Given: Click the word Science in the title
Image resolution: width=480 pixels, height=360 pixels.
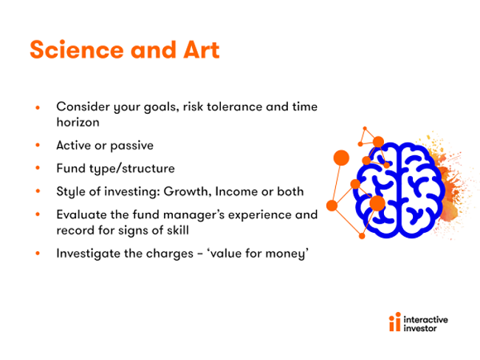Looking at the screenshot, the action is (x=77, y=50).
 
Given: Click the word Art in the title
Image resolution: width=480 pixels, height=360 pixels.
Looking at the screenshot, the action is (x=202, y=50).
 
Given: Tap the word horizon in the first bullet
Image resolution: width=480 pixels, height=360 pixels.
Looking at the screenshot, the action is (x=78, y=122).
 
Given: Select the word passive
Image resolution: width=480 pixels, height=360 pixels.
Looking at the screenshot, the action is (x=132, y=146).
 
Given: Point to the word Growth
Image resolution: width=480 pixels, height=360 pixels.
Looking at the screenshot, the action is (x=188, y=191).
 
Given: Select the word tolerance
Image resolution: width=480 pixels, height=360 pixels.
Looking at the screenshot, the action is (x=235, y=106).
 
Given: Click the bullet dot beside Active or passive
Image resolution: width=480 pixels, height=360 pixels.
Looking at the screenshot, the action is (x=38, y=145).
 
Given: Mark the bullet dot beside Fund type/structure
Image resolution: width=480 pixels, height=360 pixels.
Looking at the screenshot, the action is (x=38, y=168).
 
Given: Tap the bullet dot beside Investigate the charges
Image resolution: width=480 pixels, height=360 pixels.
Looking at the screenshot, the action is (x=38, y=254).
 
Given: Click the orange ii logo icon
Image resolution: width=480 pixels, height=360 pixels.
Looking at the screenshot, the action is (x=394, y=322).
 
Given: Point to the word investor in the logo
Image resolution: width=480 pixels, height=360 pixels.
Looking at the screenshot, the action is (x=420, y=328).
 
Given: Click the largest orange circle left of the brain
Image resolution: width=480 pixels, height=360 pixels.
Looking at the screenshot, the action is (x=341, y=157).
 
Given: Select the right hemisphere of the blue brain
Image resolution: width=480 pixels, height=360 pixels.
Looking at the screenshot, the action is (x=422, y=190).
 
